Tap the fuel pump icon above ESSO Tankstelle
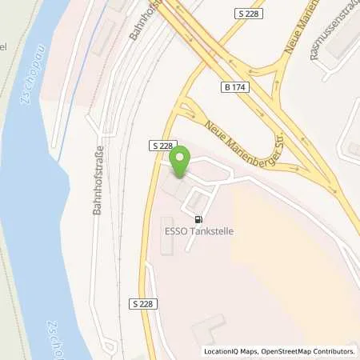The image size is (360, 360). point(198,218)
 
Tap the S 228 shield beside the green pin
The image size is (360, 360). point(160,145)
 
